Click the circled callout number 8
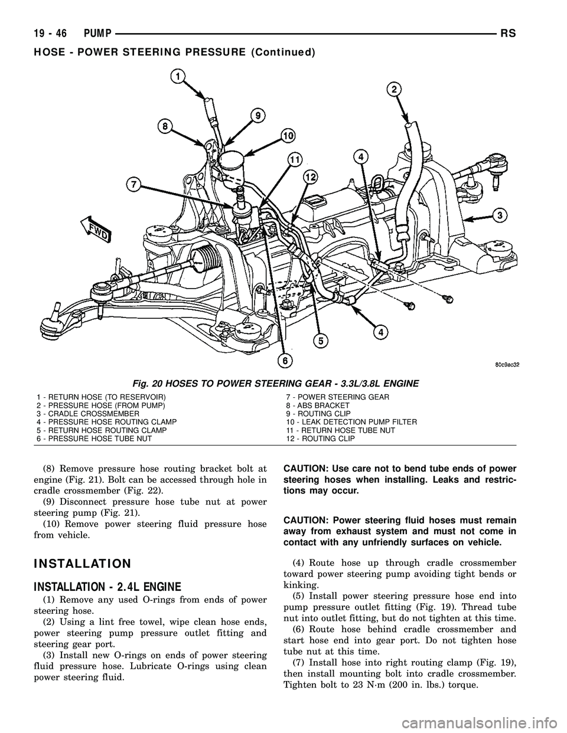tap(165, 126)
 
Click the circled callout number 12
tap(309, 176)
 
